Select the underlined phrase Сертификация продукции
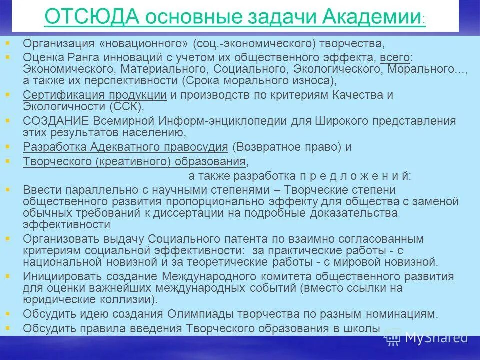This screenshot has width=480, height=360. point(95,95)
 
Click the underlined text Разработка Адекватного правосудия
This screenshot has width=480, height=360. point(125,147)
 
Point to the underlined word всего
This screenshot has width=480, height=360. point(394,57)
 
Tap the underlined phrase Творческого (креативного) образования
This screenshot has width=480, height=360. point(134,161)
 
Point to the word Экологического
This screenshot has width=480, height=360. point(338,69)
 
